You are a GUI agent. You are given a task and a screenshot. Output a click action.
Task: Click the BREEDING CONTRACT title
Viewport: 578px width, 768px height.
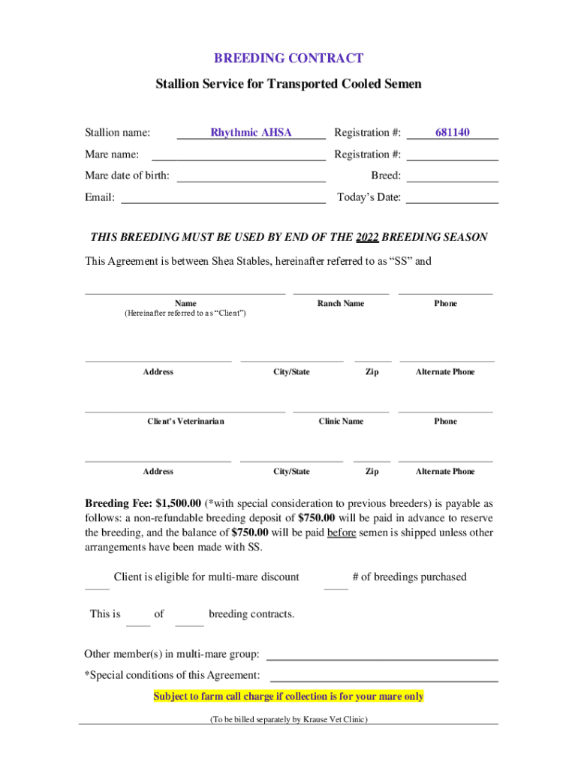pyautogui.click(x=289, y=58)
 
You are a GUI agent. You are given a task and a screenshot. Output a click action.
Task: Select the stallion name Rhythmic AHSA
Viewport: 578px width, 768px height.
pyautogui.click(x=251, y=133)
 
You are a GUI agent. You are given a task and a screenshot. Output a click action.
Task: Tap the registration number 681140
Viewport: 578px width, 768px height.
pyautogui.click(x=453, y=133)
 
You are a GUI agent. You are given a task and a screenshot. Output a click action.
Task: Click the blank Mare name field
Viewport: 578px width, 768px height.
pyautogui.click(x=239, y=154)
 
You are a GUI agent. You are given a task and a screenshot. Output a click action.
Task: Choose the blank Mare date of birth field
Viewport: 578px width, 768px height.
pyautogui.click(x=251, y=176)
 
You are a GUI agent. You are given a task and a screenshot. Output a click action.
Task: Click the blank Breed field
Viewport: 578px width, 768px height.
pyautogui.click(x=453, y=176)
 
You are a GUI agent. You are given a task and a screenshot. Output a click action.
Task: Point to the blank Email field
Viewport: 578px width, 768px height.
pyautogui.click(x=223, y=198)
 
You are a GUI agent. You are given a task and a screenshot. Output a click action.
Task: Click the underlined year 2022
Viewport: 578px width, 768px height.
pyautogui.click(x=366, y=237)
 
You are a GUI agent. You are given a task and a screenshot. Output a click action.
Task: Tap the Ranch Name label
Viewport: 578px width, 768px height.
pyautogui.click(x=341, y=304)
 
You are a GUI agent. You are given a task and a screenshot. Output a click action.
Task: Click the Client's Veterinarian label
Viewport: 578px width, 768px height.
pyautogui.click(x=185, y=421)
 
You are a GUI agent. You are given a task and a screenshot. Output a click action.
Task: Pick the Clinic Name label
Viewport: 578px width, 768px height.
pyautogui.click(x=341, y=421)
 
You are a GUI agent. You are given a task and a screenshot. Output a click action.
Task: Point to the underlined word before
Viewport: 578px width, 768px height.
pyautogui.click(x=341, y=532)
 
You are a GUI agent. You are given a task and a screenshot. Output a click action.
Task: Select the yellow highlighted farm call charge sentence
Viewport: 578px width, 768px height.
pyautogui.click(x=288, y=697)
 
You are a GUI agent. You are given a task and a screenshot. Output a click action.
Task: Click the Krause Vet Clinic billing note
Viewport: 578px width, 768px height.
pyautogui.click(x=288, y=719)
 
